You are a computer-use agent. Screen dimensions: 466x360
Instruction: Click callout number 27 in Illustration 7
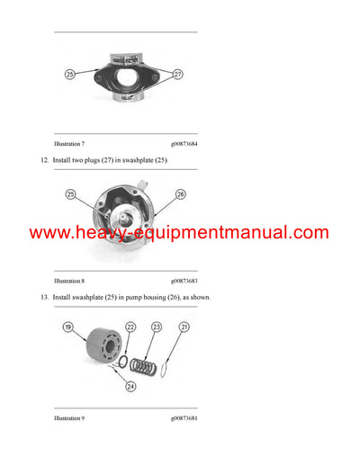tap(177, 75)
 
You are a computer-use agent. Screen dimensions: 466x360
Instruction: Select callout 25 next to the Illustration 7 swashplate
tap(71, 75)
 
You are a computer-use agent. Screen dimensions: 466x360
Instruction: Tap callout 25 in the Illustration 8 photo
tap(71, 193)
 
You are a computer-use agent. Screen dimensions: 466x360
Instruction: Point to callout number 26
tap(180, 193)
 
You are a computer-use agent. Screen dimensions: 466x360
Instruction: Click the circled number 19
tap(67, 329)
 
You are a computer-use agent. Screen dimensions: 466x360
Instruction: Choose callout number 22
tap(130, 327)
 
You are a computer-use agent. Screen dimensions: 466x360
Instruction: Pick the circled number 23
tap(157, 327)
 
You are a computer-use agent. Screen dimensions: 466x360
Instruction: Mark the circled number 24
tap(131, 387)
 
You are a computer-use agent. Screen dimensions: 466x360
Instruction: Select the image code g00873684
tap(184, 144)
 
